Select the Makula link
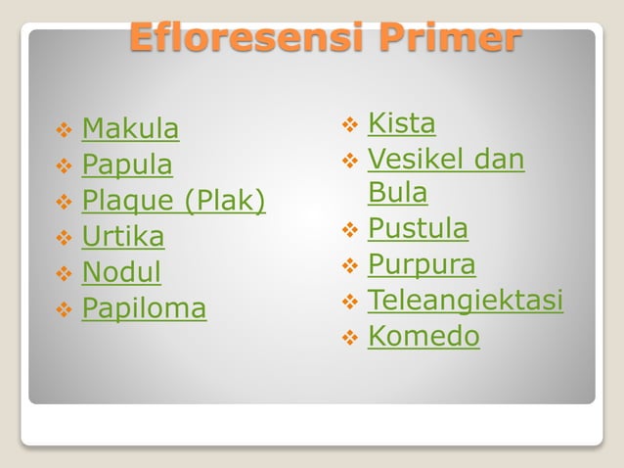click(130, 128)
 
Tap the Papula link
click(126, 164)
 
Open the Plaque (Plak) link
click(173, 201)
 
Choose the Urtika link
click(122, 237)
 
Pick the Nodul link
click(121, 272)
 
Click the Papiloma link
click(144, 308)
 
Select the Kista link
click(401, 123)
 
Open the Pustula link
click(418, 229)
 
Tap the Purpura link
click(422, 264)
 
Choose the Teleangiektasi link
click(465, 301)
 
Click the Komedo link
click(423, 337)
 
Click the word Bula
click(397, 193)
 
